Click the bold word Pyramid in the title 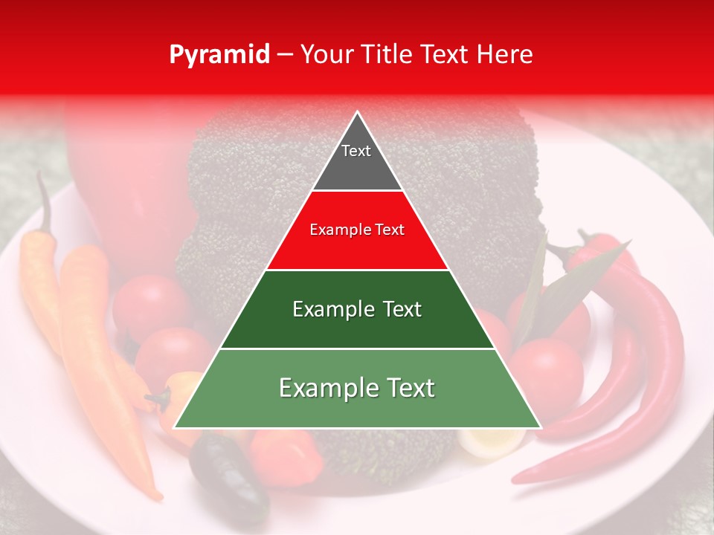(219, 55)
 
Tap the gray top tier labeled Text (356, 160)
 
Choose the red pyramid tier (357, 230)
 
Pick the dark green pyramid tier (357, 309)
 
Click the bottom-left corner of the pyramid (176, 427)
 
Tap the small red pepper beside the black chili (286, 453)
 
